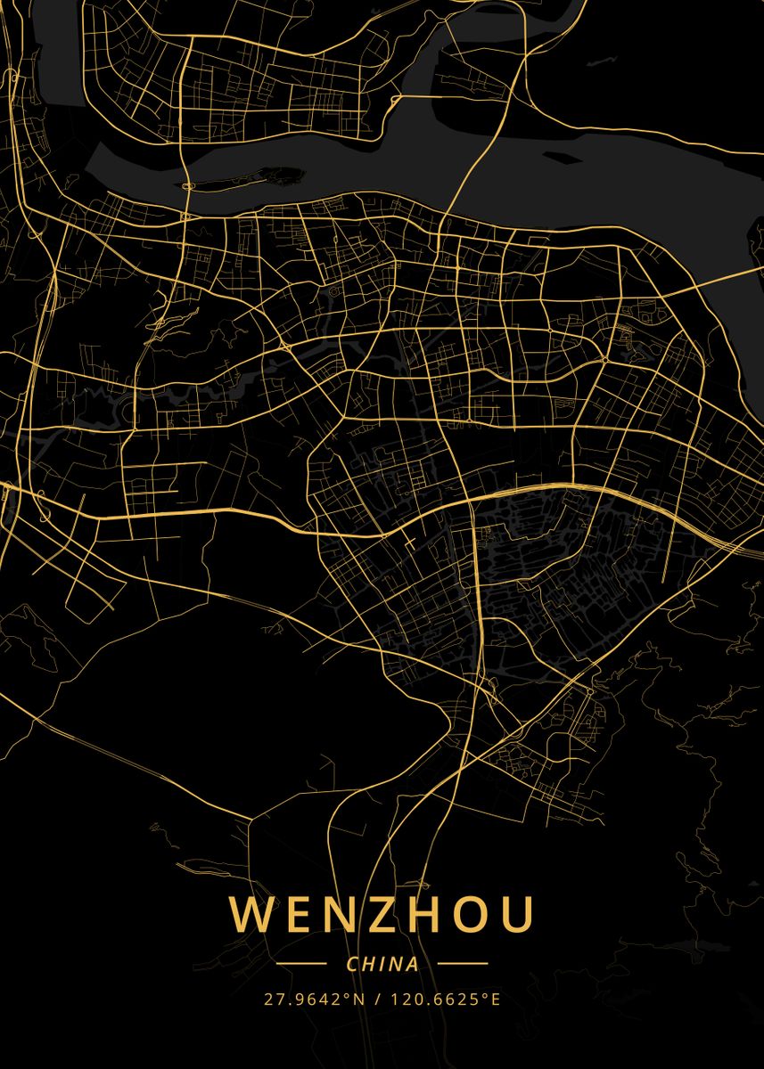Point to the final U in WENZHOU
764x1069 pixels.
tap(516, 915)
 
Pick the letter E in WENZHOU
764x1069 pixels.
tap(293, 915)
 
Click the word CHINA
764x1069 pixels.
tap(382, 964)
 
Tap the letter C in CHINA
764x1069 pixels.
tap(353, 964)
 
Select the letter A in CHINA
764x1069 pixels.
tap(412, 964)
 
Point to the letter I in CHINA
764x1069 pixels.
tap(383, 964)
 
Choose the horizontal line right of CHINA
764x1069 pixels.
tap(463, 964)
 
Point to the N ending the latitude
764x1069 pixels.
tap(360, 999)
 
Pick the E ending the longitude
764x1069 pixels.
tap(496, 999)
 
